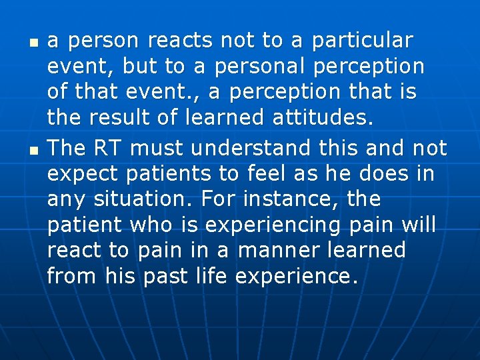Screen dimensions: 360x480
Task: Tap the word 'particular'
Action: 363,41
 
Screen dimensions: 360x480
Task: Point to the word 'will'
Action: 419,225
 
